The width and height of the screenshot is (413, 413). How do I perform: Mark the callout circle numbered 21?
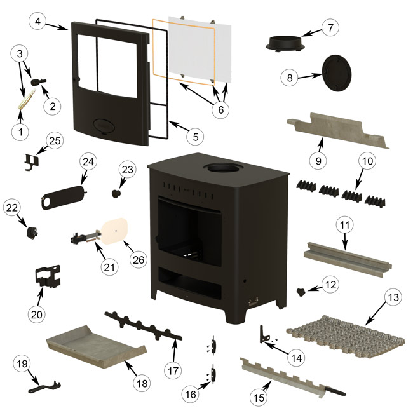pyautogui.click(x=109, y=267)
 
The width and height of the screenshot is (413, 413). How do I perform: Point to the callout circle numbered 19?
pyautogui.click(x=23, y=363)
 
